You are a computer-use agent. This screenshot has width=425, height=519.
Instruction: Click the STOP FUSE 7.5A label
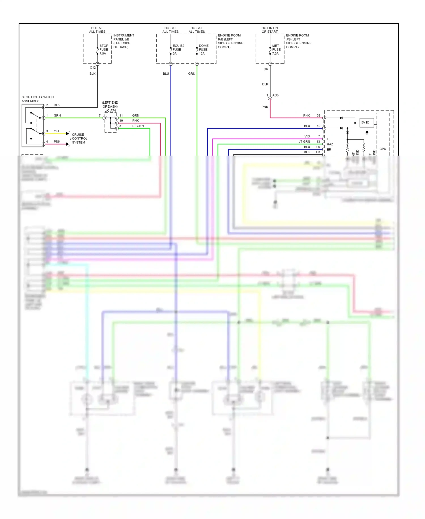pyautogui.click(x=103, y=49)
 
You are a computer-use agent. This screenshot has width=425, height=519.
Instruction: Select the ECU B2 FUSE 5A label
pyautogui.click(x=178, y=49)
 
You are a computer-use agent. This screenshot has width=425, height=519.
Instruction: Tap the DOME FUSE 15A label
pyautogui.click(x=203, y=49)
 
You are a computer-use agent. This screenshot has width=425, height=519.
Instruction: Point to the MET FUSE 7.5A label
pyautogui.click(x=276, y=49)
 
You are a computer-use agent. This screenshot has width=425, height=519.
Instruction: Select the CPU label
pyautogui.click(x=382, y=149)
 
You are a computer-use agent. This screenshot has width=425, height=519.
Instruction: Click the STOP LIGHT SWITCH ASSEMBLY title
pyautogui.click(x=37, y=99)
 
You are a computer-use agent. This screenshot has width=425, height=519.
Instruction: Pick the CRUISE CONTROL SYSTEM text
pyautogui.click(x=79, y=139)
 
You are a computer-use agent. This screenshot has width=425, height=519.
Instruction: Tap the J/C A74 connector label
pyautogui.click(x=110, y=111)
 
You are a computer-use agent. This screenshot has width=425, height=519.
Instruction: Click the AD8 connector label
pyautogui.click(x=275, y=95)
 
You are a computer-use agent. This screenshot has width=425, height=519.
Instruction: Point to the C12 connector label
pyautogui.click(x=93, y=68)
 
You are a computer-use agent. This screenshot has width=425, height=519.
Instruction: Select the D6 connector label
pyautogui.click(x=265, y=69)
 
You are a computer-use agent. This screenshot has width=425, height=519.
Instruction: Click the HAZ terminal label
pyautogui.click(x=330, y=144)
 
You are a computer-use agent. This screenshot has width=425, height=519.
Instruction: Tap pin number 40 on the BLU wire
pyautogui.click(x=318, y=126)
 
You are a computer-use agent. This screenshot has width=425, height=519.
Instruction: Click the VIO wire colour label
pyautogui.click(x=307, y=136)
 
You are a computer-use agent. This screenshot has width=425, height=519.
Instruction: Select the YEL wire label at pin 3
pyautogui.click(x=57, y=131)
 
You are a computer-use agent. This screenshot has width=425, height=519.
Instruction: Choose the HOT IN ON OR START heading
pyautogui.click(x=269, y=30)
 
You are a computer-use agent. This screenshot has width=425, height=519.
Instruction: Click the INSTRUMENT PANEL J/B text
pyautogui.click(x=124, y=37)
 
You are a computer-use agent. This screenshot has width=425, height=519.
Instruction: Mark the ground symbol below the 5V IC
pyautogui.click(x=367, y=132)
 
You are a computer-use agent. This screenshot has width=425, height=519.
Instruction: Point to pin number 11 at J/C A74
pyautogui.click(x=121, y=116)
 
